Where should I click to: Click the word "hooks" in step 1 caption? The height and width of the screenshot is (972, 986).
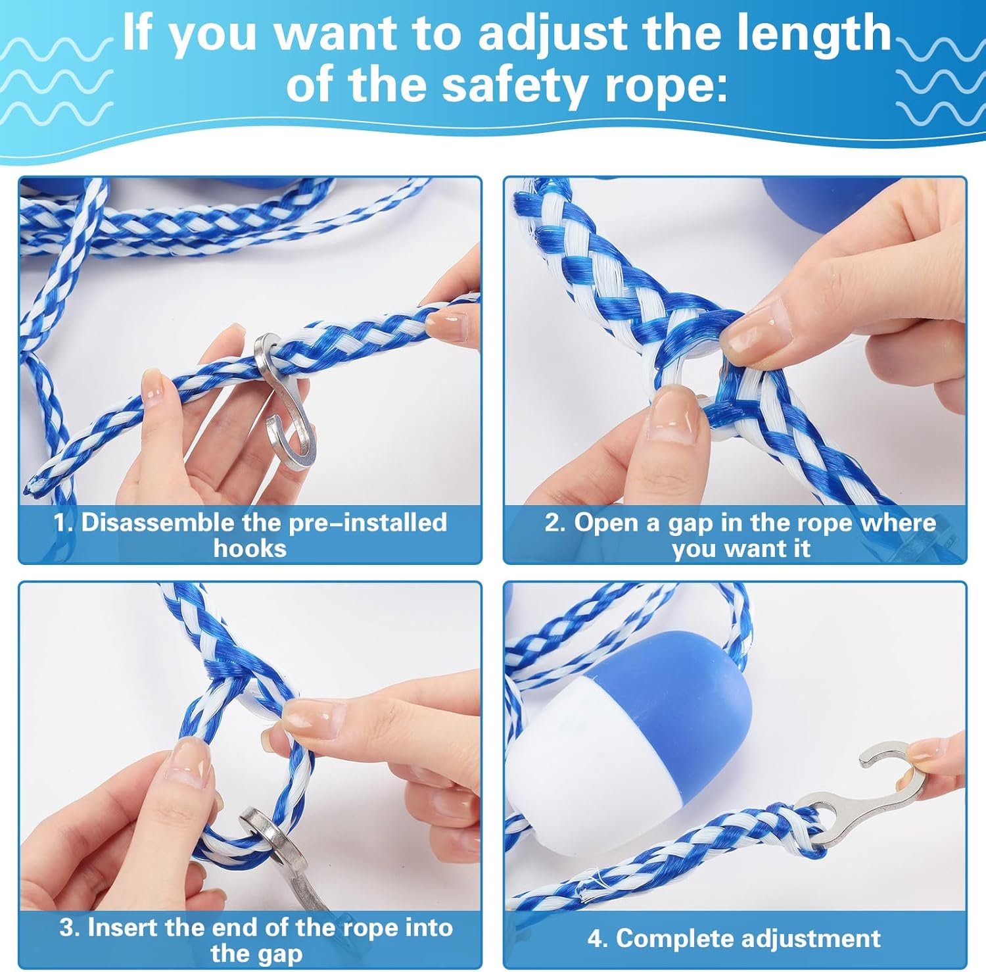(x=250, y=548)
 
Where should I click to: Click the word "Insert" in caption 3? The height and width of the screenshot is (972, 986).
(x=122, y=927)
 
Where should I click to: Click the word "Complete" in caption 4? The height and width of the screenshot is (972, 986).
(x=661, y=938)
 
